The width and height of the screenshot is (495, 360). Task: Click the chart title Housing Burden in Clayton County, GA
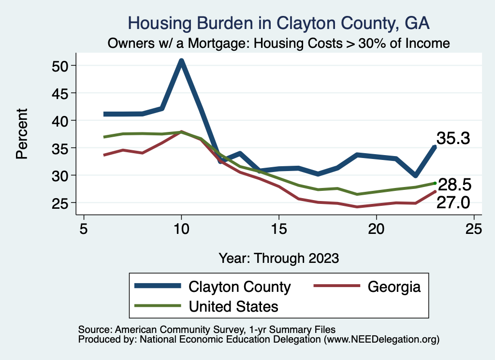[278, 23]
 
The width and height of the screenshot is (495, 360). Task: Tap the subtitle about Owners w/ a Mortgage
[279, 43]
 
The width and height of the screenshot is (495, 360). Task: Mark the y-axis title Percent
[21, 134]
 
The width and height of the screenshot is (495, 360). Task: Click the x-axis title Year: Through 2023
[278, 258]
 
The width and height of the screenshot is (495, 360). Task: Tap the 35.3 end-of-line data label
[453, 139]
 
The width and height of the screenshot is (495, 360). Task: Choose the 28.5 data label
[454, 185]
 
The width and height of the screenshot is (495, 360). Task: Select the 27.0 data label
[453, 202]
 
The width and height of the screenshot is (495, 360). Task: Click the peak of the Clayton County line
[181, 61]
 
